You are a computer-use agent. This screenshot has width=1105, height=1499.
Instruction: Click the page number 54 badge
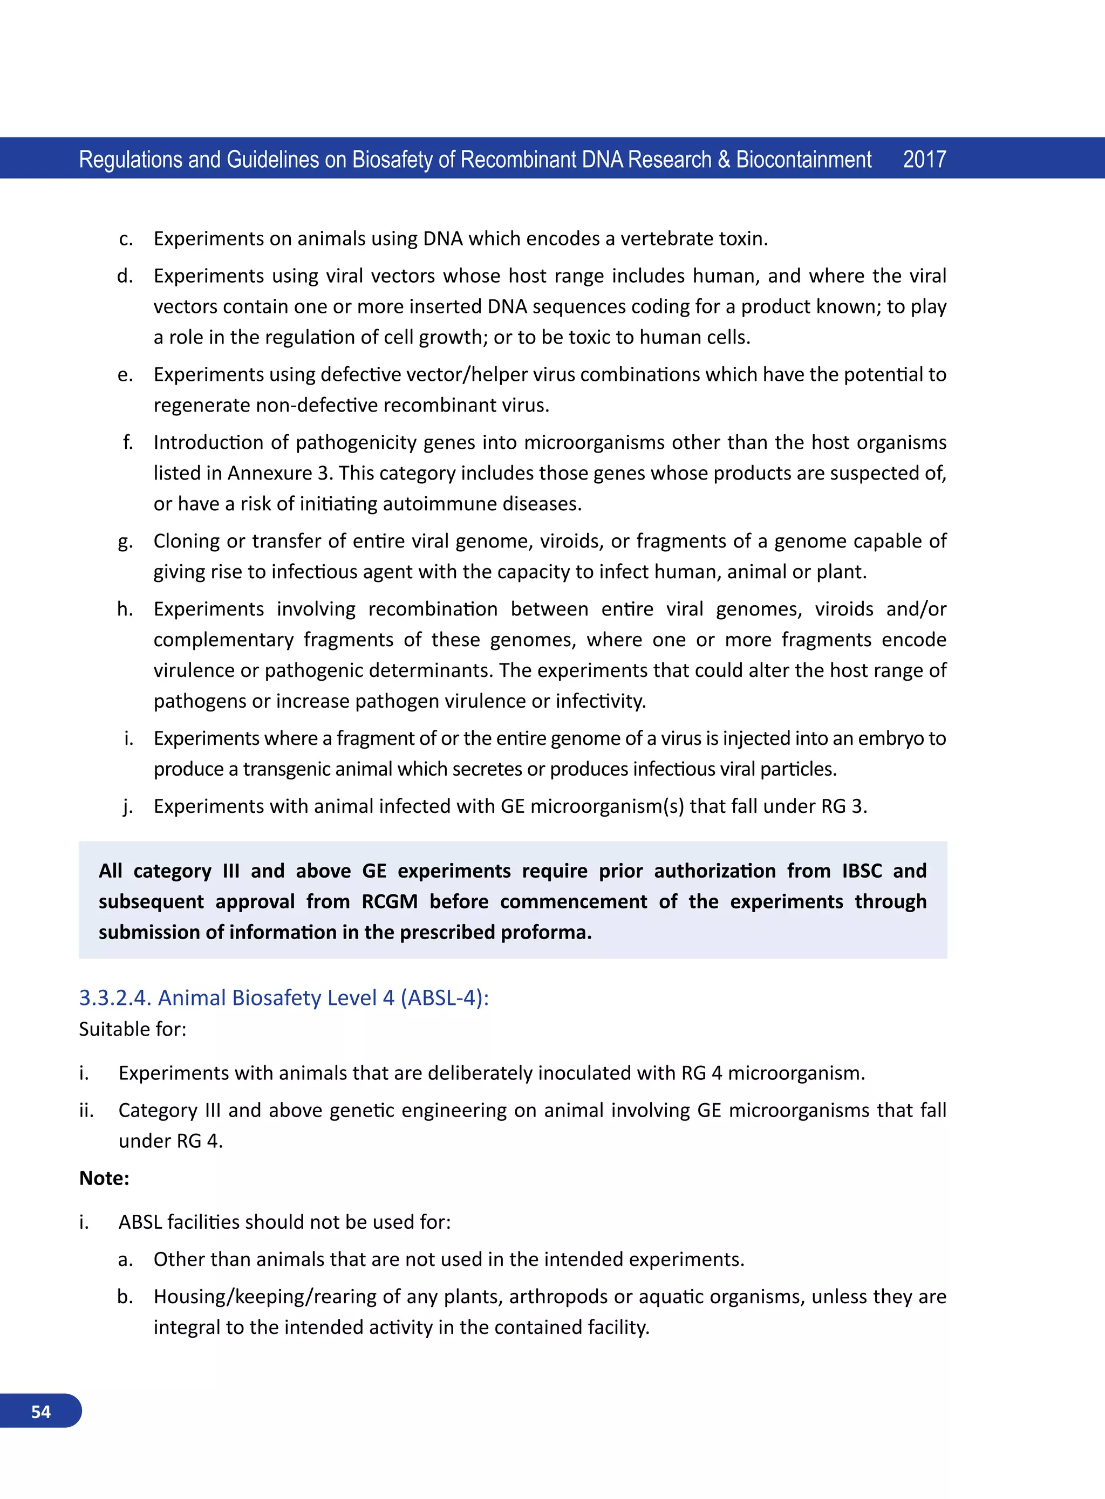pyautogui.click(x=41, y=1412)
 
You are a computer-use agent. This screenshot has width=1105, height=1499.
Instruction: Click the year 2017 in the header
pyautogui.click(x=924, y=160)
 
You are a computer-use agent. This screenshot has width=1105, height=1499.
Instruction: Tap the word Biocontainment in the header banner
pyautogui.click(x=803, y=160)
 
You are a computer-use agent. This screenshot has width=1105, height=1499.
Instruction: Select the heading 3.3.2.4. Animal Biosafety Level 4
pyautogui.click(x=284, y=997)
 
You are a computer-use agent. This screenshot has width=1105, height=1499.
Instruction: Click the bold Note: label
pyautogui.click(x=104, y=1178)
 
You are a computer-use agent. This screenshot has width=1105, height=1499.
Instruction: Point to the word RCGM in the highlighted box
pyautogui.click(x=390, y=901)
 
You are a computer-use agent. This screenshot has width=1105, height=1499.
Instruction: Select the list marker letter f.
pyautogui.click(x=127, y=443)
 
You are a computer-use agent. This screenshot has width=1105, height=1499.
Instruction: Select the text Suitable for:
pyautogui.click(x=132, y=1029)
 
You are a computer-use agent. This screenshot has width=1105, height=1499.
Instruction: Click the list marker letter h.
pyautogui.click(x=125, y=609)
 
